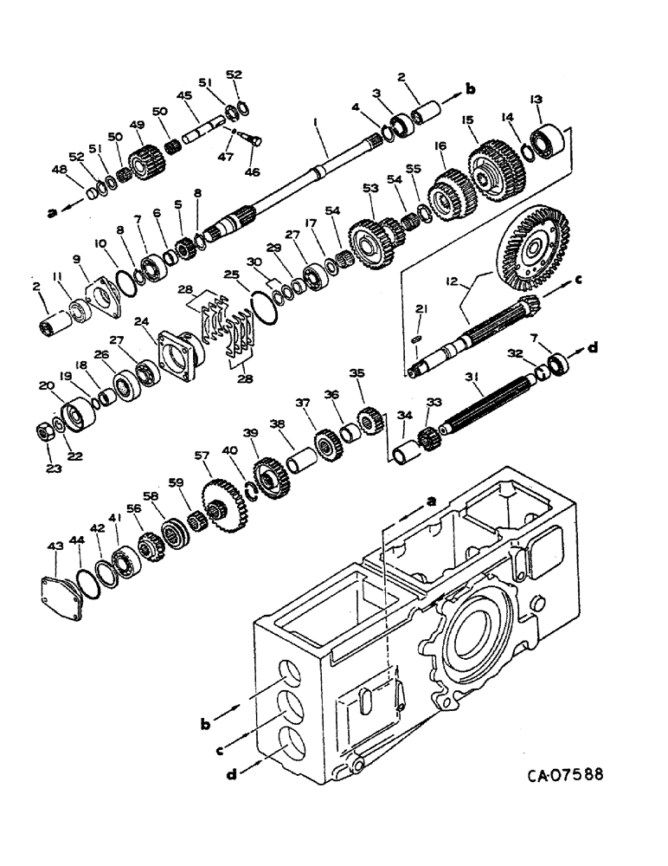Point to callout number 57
(x=202, y=455)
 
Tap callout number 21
(x=421, y=309)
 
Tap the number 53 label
(x=371, y=188)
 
